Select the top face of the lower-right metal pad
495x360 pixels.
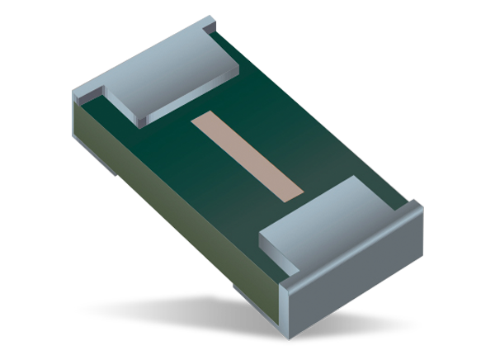tap(330, 220)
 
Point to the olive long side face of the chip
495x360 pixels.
tap(181, 215)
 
